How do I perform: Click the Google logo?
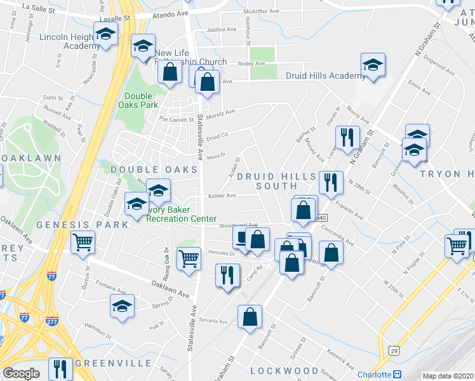21,374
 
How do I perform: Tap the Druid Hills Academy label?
326,76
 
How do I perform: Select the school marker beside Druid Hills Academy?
373,65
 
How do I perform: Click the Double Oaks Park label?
140,101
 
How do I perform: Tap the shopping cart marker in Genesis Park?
83,243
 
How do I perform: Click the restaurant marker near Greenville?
60,369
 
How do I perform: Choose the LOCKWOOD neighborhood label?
284,370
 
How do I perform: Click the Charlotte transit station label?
374,375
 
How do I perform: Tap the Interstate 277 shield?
52,321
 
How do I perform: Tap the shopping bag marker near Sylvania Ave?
250,317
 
